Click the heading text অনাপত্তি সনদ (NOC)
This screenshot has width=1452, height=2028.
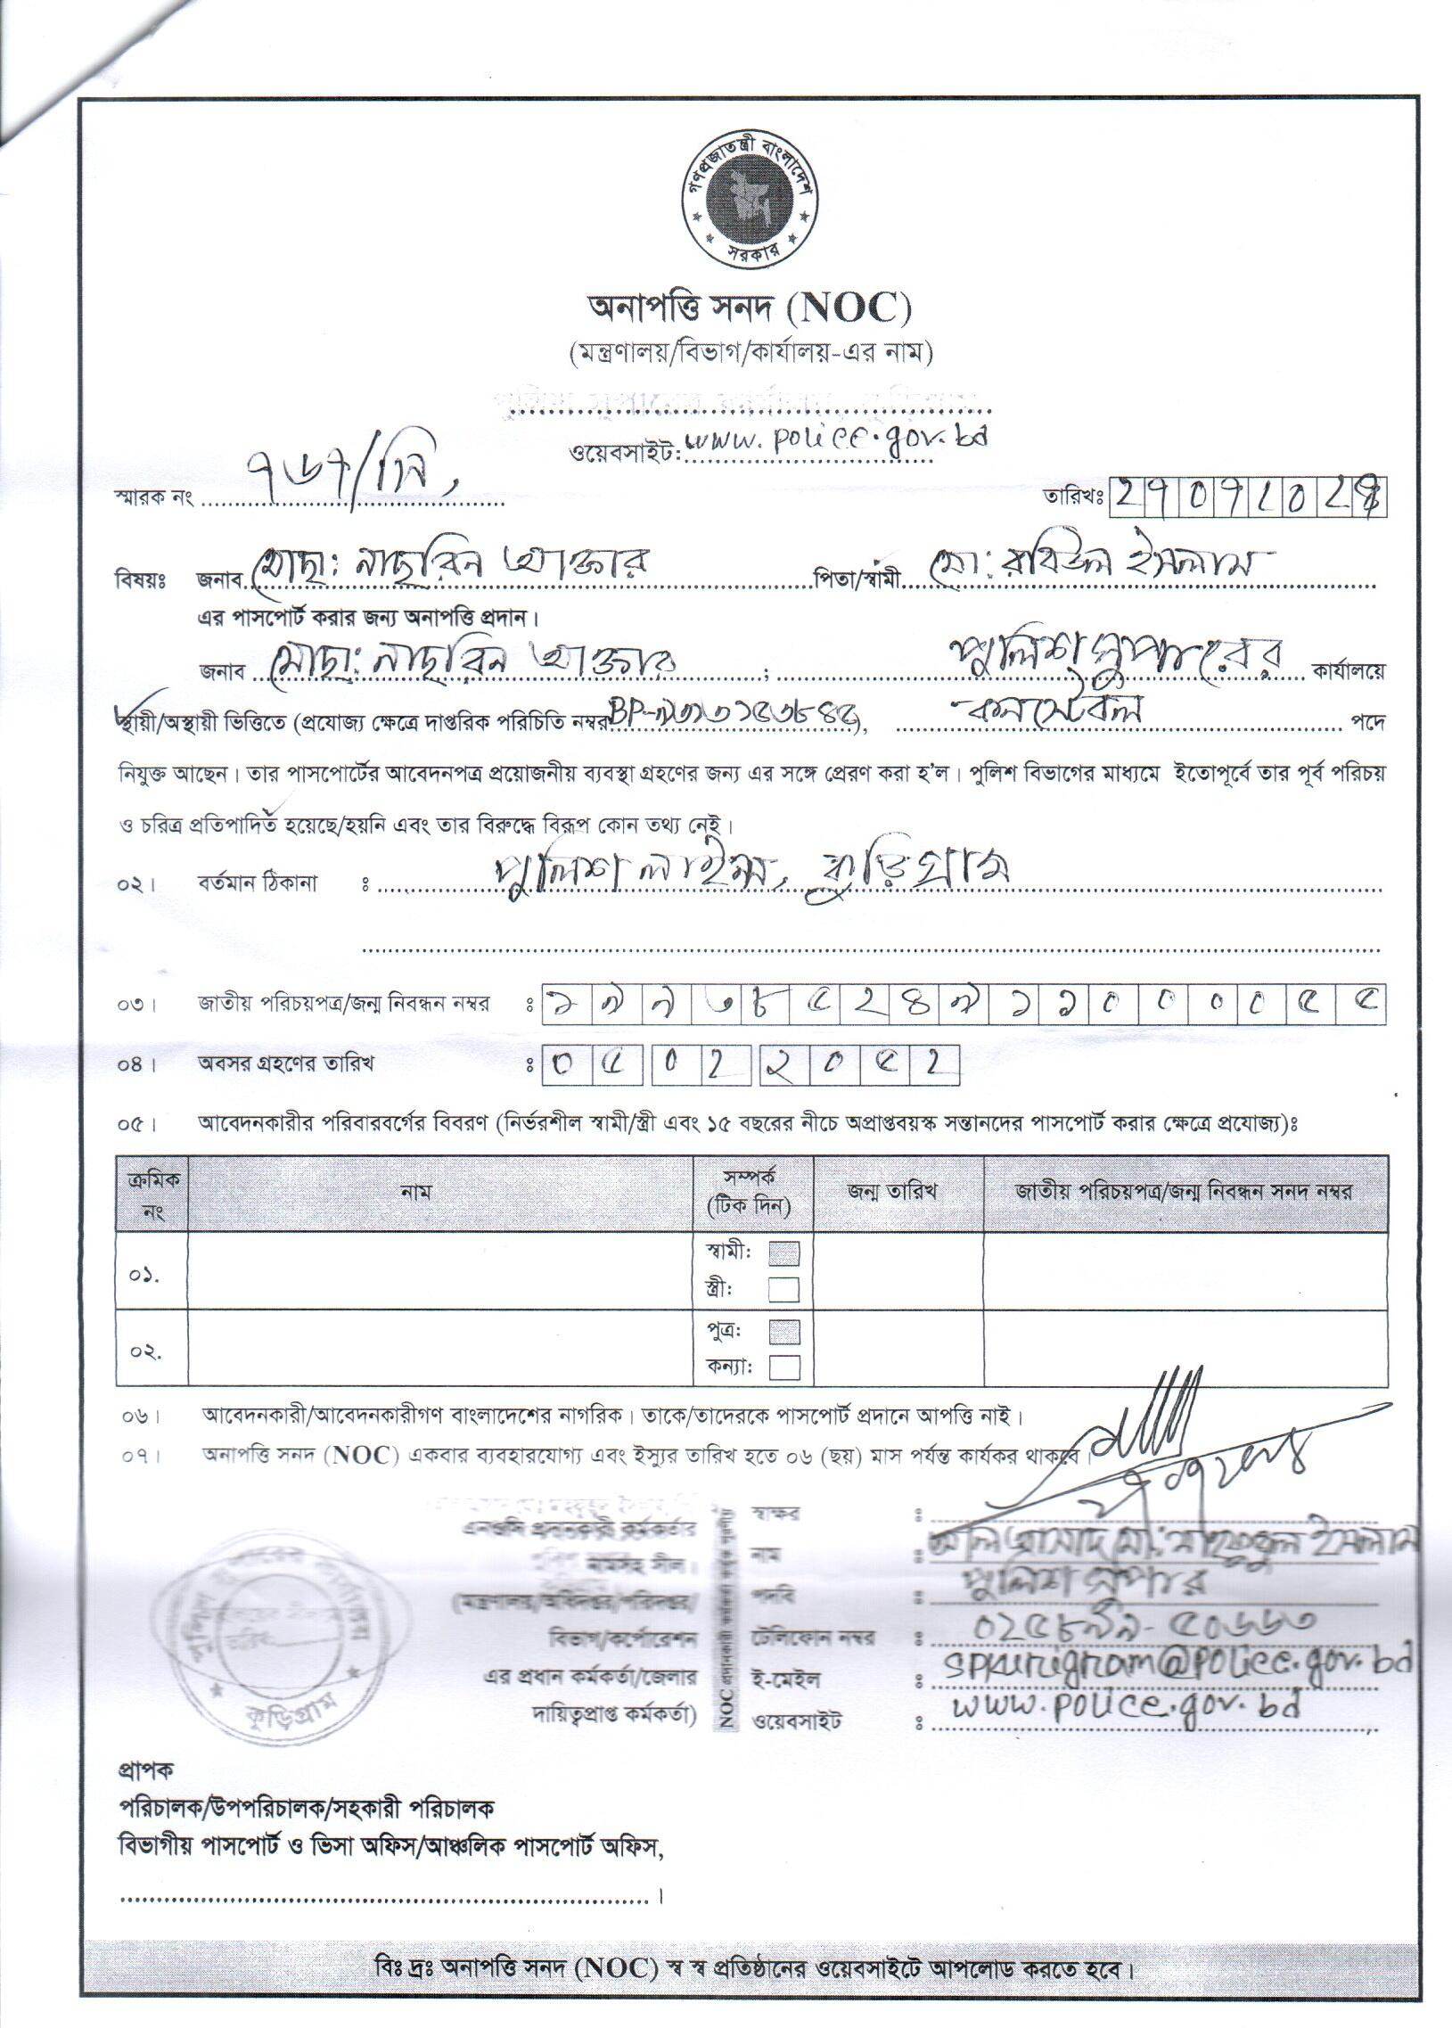(749, 309)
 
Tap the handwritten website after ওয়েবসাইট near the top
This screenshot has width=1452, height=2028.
(836, 442)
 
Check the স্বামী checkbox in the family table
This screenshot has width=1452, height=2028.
(783, 1252)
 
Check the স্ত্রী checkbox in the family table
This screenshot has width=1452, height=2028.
(783, 1289)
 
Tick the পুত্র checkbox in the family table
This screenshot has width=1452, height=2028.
(783, 1333)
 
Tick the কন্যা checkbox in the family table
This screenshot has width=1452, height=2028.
(783, 1367)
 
